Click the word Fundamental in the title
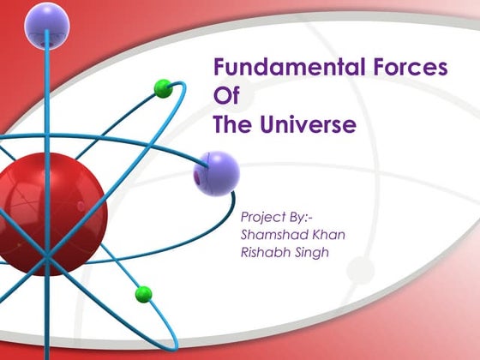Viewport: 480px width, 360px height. pyautogui.click(x=276, y=68)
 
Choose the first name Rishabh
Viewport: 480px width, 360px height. pyautogui.click(x=269, y=252)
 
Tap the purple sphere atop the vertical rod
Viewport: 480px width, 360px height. pyautogui.click(x=46, y=24)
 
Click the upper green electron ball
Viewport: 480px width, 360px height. pyautogui.click(x=163, y=87)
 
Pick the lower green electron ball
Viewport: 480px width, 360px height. pyautogui.click(x=143, y=294)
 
